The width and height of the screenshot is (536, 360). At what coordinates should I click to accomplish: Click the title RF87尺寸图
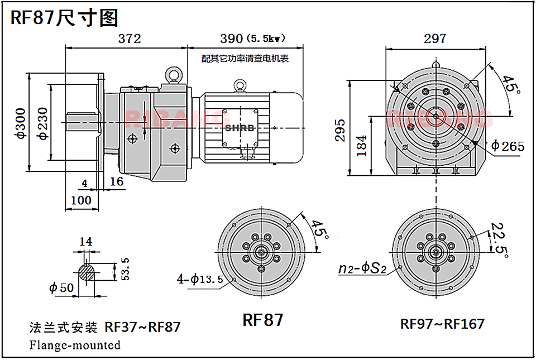[x=65, y=17]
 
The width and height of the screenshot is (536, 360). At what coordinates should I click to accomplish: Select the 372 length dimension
[x=129, y=39]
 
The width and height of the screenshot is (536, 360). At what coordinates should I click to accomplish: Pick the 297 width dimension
[x=435, y=38]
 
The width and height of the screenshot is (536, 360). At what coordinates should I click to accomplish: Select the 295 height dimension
[x=341, y=130]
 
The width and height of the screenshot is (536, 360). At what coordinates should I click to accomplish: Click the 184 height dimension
[x=362, y=146]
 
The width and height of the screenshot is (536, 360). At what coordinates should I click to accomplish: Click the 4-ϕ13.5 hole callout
[x=203, y=279]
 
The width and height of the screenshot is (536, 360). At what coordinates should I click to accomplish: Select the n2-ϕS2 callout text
[x=362, y=268]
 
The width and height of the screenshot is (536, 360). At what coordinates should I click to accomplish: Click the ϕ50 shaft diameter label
[x=61, y=288]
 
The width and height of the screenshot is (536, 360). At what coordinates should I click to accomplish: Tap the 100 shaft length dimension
[x=81, y=200]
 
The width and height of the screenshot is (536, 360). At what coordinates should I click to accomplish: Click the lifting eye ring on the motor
[x=241, y=85]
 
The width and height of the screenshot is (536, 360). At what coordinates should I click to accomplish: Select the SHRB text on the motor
[x=240, y=128]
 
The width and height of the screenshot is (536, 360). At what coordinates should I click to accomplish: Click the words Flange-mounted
[x=75, y=345]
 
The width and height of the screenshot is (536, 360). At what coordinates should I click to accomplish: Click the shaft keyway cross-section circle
[x=87, y=271]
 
